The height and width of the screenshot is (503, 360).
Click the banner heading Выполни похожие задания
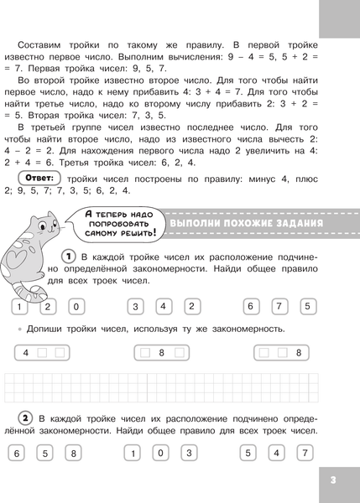point(247,224)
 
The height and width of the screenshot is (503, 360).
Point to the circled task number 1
point(70,255)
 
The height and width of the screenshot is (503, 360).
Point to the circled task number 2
point(27,417)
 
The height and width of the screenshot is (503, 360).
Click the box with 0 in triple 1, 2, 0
point(75,306)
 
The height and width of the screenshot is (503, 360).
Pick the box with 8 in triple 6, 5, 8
point(74,454)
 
